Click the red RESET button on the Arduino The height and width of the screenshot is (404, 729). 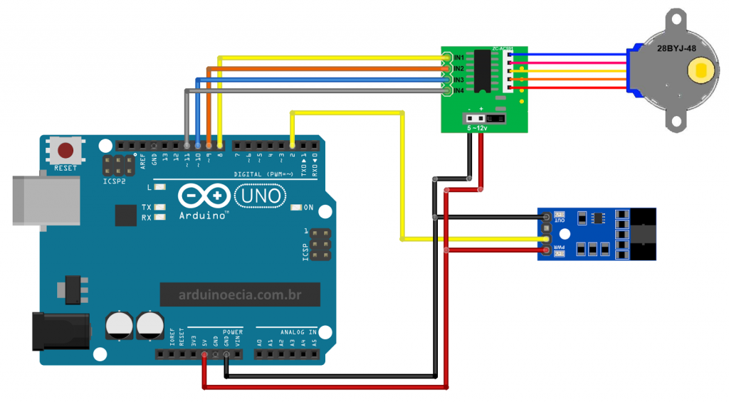click(x=66, y=151)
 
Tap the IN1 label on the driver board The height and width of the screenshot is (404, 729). click(x=459, y=57)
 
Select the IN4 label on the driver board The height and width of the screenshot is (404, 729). click(x=459, y=91)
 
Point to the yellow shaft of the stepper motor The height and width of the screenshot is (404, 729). click(x=700, y=71)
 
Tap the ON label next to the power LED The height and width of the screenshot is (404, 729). click(x=308, y=208)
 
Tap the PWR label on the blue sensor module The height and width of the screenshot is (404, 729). click(x=560, y=248)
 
